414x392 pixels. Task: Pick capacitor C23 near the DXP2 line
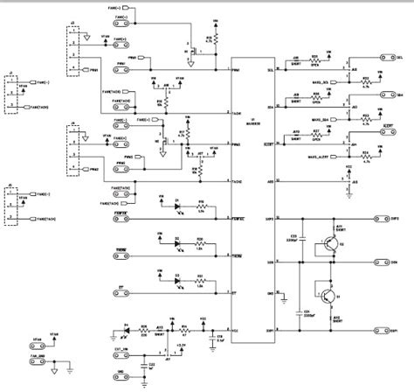[293, 241]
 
